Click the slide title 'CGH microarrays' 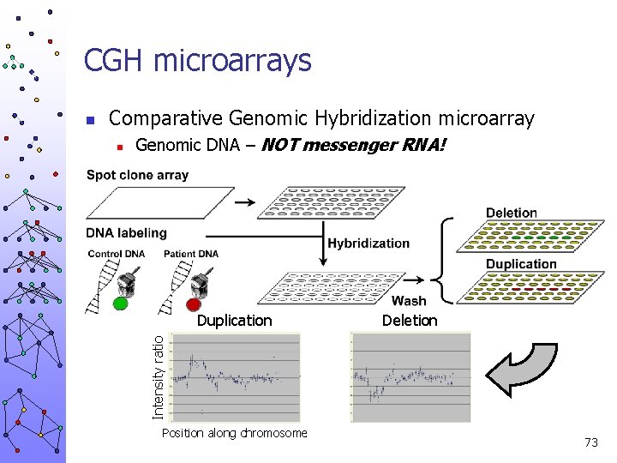coord(197,61)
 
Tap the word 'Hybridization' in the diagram coord(368,244)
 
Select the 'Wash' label coord(408,301)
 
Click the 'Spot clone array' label coord(137,176)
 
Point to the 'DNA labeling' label coord(126,233)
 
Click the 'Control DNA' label coord(117,254)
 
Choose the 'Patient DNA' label coord(190,254)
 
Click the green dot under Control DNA coord(120,303)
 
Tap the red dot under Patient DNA coord(194,303)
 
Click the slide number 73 coord(590,442)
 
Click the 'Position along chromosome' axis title coord(234,433)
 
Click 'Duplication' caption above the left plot coord(234,321)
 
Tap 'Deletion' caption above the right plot coord(410,321)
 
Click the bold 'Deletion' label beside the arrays coord(512,213)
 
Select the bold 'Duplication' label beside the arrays coord(521,264)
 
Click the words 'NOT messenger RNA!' coord(353,145)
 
